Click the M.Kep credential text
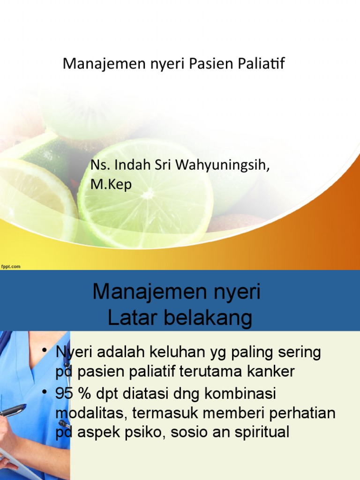111,185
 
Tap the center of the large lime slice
147,194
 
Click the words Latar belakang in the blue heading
180,318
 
